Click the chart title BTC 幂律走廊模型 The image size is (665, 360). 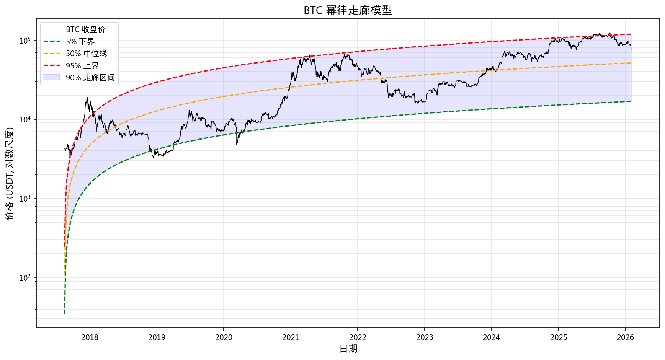[x=348, y=10]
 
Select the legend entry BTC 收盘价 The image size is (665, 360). [x=85, y=29]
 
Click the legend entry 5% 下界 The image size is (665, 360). [x=80, y=42]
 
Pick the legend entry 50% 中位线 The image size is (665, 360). [x=86, y=54]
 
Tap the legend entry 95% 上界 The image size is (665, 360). [x=82, y=66]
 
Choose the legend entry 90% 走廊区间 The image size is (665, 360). [x=90, y=78]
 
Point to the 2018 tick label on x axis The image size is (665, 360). [x=90, y=337]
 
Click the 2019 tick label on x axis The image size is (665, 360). [x=157, y=337]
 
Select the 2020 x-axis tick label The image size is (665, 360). [x=224, y=337]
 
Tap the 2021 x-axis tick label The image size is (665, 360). [x=291, y=337]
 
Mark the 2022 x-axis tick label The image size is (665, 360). [x=358, y=337]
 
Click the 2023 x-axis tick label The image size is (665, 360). [x=425, y=337]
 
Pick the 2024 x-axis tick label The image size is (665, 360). [x=491, y=337]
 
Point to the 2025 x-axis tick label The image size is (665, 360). [x=558, y=337]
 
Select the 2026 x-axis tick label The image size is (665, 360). [x=625, y=337]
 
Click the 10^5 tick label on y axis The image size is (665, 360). [x=25, y=41]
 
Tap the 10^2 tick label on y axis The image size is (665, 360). [x=25, y=278]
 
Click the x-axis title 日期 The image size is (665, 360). [x=348, y=349]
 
